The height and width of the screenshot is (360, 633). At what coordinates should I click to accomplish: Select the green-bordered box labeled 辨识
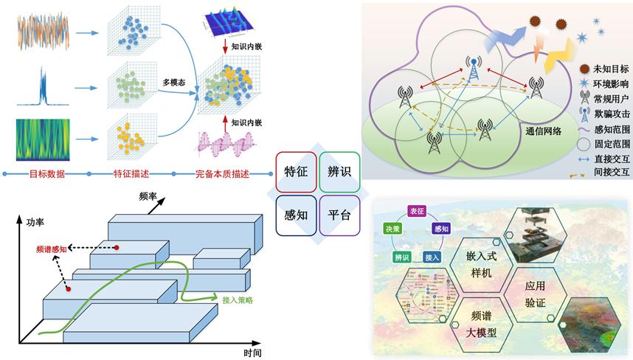[x=339, y=171]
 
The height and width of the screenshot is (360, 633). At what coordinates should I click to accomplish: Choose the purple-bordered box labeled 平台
[x=339, y=215]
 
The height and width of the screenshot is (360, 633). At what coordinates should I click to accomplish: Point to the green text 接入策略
[x=238, y=301]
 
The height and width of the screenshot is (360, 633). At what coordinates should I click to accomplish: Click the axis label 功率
[x=35, y=221]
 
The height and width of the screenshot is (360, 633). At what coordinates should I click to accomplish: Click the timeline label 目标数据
[x=46, y=174]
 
